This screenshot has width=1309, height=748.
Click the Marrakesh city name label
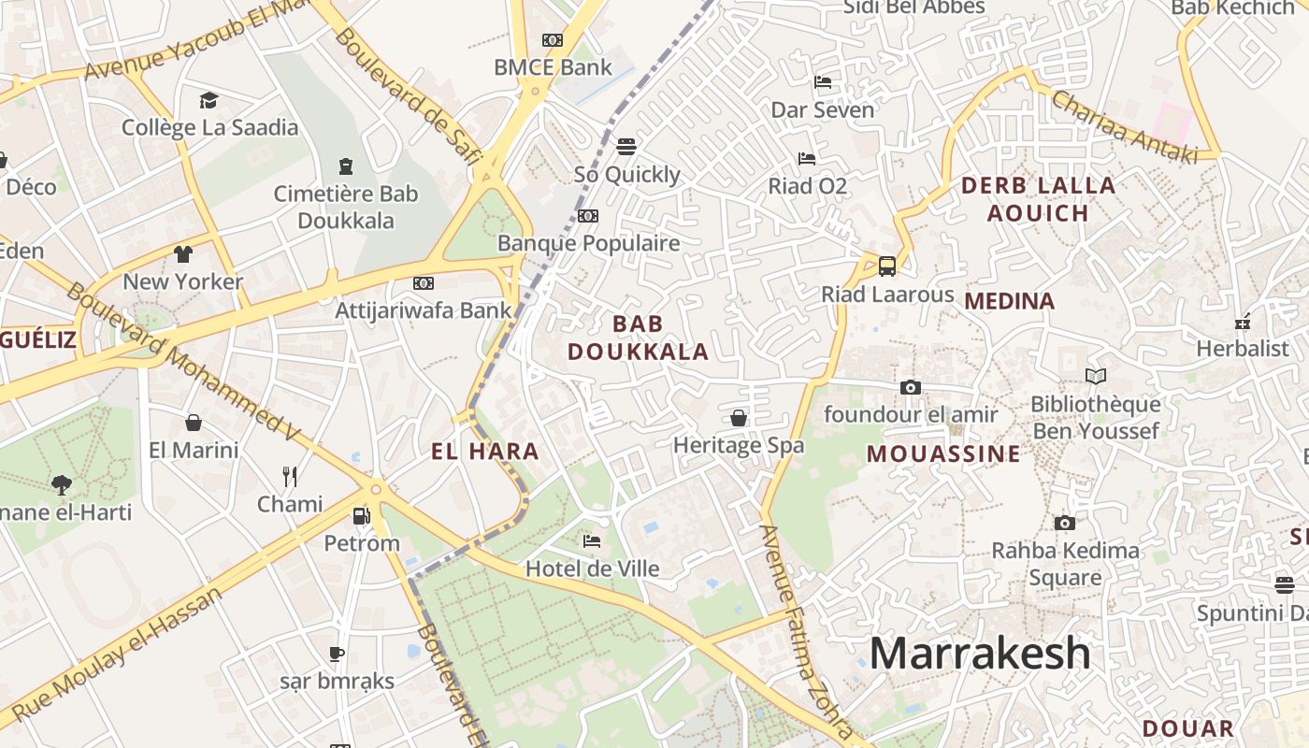(x=980, y=653)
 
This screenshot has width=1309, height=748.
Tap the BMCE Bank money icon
(x=553, y=40)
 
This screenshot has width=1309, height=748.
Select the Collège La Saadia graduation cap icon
(x=209, y=100)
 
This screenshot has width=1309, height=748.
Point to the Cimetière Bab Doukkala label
(x=346, y=208)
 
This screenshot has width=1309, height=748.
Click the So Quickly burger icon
(x=626, y=147)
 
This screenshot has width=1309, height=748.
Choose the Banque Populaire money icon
(x=588, y=216)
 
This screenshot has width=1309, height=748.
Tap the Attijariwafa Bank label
(x=424, y=310)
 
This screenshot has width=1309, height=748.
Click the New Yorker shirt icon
(x=182, y=254)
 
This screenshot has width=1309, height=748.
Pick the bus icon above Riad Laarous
(x=887, y=266)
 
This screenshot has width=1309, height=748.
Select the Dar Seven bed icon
(x=823, y=82)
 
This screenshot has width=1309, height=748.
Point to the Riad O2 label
(x=807, y=186)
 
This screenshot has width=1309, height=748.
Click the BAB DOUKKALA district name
(x=639, y=338)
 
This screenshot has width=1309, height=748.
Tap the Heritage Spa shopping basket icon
(x=739, y=418)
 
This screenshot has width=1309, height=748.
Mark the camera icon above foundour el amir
(x=910, y=387)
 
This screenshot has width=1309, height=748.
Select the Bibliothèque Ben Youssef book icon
(x=1096, y=376)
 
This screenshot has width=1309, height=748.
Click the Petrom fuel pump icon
(x=361, y=515)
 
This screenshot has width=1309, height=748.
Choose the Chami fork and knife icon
(x=290, y=477)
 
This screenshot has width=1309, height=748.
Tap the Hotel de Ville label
(x=592, y=568)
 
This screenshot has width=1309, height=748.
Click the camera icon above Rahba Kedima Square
(x=1065, y=523)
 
